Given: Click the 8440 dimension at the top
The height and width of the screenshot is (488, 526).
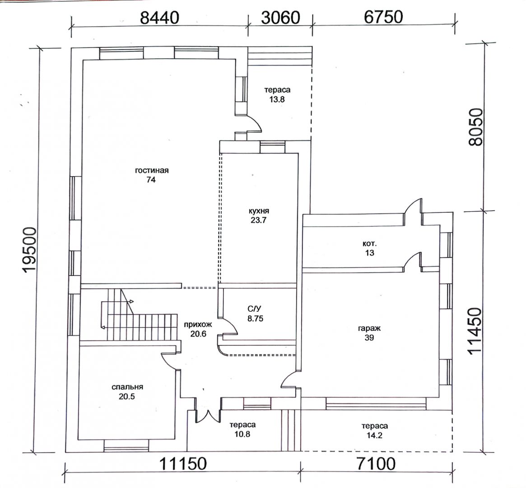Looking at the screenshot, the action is click(160, 18).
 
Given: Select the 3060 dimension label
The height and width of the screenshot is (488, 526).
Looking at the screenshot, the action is click(280, 18).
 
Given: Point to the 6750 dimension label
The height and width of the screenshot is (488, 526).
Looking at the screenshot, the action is click(383, 17).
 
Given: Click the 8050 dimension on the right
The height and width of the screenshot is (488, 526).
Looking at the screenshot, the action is click(476, 127).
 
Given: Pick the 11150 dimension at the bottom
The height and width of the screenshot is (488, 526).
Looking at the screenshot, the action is click(182, 464).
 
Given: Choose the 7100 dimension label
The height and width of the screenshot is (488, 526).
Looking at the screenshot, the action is click(376, 464).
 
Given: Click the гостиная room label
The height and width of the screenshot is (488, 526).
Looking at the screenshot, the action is click(152, 170).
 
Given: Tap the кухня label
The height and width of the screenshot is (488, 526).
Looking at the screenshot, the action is click(259, 211).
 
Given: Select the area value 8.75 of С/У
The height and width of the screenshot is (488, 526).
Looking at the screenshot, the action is click(255, 319).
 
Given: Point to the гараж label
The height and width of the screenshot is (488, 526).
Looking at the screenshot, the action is click(369, 328).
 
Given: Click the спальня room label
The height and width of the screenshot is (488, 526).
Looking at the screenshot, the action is click(127, 387).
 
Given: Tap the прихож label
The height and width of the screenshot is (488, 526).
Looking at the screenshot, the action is click(198, 324).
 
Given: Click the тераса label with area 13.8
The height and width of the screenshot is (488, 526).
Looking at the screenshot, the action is click(277, 90).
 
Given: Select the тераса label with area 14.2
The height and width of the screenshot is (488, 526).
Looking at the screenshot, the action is click(375, 426).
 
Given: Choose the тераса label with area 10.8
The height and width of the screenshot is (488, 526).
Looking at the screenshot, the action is click(242, 425).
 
